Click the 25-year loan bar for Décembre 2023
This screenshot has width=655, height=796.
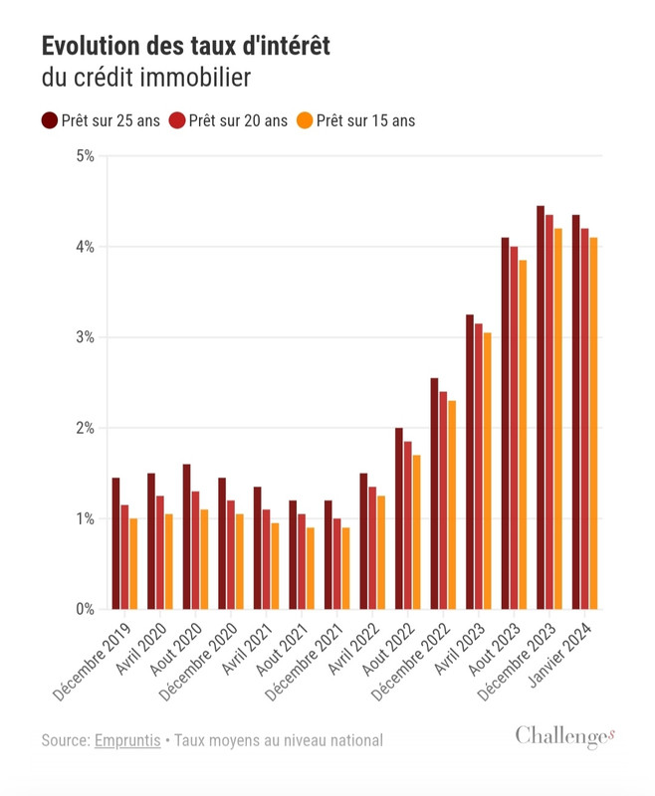tap(541, 408)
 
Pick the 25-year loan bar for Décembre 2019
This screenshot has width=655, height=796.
tap(115, 543)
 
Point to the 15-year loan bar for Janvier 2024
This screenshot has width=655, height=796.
tap(593, 423)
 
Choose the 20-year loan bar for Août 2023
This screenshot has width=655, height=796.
tap(514, 428)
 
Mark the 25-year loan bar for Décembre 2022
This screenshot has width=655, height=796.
tap(434, 494)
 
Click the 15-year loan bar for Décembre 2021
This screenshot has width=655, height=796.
tap(345, 568)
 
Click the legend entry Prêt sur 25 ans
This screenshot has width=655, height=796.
tap(100, 120)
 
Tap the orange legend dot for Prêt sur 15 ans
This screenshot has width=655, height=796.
tap(306, 120)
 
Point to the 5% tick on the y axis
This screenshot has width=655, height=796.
tap(85, 155)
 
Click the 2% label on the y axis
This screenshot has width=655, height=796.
tap(85, 428)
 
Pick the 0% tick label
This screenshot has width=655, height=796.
tap(85, 609)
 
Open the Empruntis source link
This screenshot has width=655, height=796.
tap(127, 741)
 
